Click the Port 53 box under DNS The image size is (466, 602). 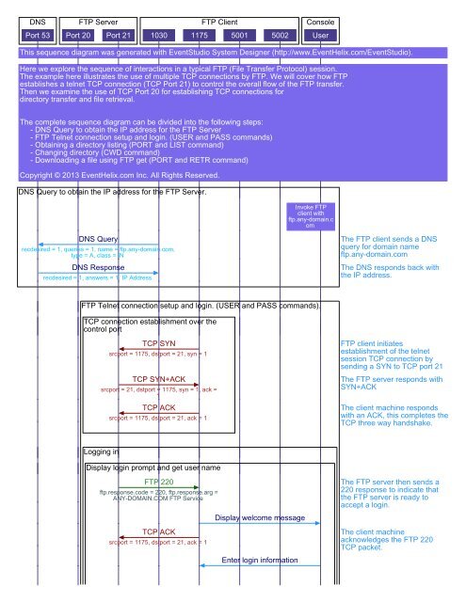37,36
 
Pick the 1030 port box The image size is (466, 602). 160,36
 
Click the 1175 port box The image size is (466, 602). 199,36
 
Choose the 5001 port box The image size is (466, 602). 239,36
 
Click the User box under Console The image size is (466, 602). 321,36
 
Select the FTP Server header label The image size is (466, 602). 97,19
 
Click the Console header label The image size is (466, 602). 321,19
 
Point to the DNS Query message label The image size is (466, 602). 98,239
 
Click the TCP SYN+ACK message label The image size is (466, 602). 158,378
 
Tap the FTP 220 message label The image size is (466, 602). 158,482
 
